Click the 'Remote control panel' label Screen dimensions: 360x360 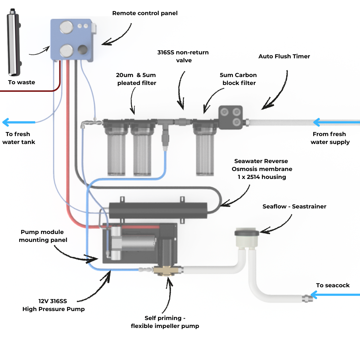coord(145,13)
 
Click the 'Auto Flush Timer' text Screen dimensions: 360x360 coord(284,57)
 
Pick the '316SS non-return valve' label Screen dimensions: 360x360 coord(183,56)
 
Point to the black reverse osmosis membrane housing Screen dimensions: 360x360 coord(158,211)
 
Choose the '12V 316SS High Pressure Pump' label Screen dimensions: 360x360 coord(54,305)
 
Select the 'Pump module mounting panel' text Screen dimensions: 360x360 coord(44,236)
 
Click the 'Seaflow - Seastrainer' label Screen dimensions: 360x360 coord(294,206)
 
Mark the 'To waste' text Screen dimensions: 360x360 coord(22,82)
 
